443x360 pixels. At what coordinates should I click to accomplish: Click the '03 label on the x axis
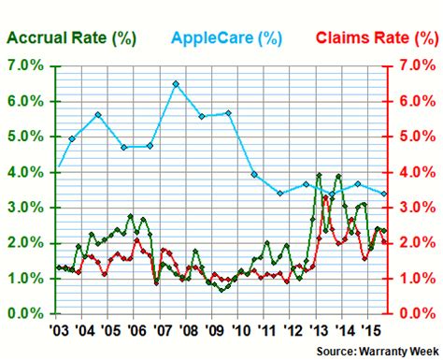[x=57, y=330]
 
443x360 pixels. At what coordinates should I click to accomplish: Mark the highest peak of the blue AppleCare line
[x=176, y=83]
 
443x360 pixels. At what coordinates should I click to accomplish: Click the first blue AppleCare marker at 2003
[x=60, y=167]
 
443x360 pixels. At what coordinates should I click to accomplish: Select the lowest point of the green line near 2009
[x=221, y=290]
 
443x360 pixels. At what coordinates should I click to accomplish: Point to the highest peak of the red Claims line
[x=325, y=197]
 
